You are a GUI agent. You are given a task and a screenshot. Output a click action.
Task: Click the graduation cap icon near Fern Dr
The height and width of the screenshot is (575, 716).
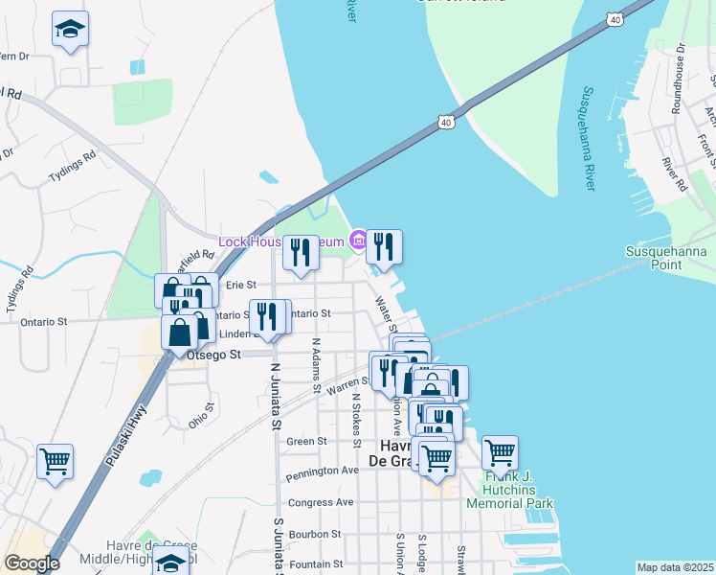70,32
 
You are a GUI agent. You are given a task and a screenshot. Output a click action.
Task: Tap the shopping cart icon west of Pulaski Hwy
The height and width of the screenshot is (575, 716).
55,461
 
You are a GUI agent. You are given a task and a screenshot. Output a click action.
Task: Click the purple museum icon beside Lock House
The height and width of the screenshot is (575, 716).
357,240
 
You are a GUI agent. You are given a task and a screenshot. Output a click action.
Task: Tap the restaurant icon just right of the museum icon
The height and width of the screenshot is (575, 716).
384,246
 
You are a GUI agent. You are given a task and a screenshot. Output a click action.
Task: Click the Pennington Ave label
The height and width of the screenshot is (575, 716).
321,471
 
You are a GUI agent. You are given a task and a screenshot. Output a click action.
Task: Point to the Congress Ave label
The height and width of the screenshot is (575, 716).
321,501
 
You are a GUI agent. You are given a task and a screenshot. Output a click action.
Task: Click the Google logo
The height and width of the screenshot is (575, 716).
32,563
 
